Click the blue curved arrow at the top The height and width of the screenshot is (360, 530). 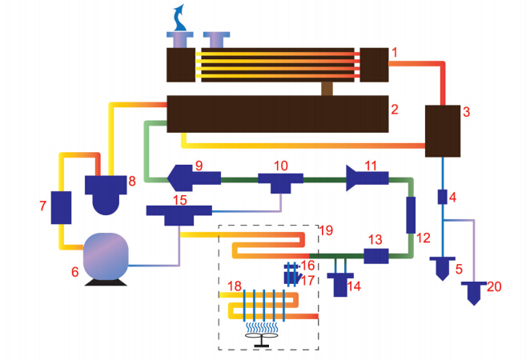(182, 16)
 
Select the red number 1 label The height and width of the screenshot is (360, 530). (394, 53)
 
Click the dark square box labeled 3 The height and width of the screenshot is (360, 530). (442, 130)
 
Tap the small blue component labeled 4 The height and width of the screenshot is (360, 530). (442, 196)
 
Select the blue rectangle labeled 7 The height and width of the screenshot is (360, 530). (62, 207)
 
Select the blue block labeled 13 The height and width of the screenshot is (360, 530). (376, 256)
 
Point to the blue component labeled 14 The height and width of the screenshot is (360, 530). (340, 284)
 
